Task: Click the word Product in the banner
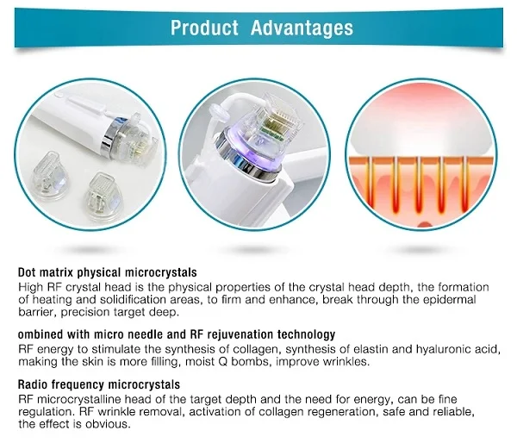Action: click(203, 28)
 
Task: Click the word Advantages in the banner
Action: click(302, 28)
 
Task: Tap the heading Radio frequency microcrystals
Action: click(99, 384)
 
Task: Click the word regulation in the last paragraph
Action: click(45, 412)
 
